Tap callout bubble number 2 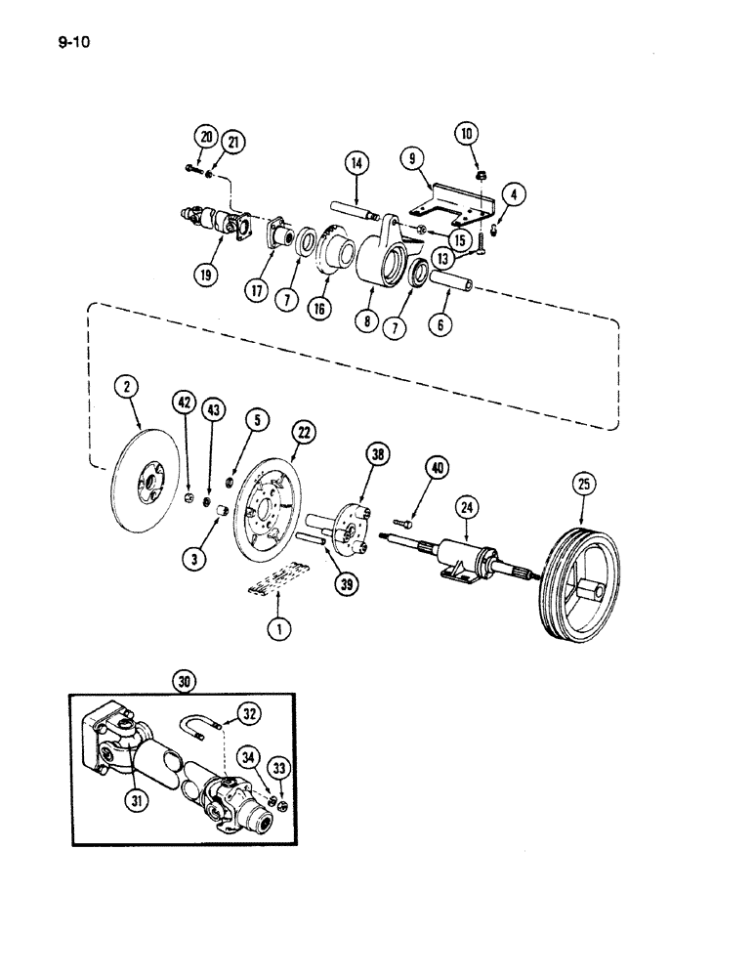(x=127, y=388)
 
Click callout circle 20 (x=202, y=137)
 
